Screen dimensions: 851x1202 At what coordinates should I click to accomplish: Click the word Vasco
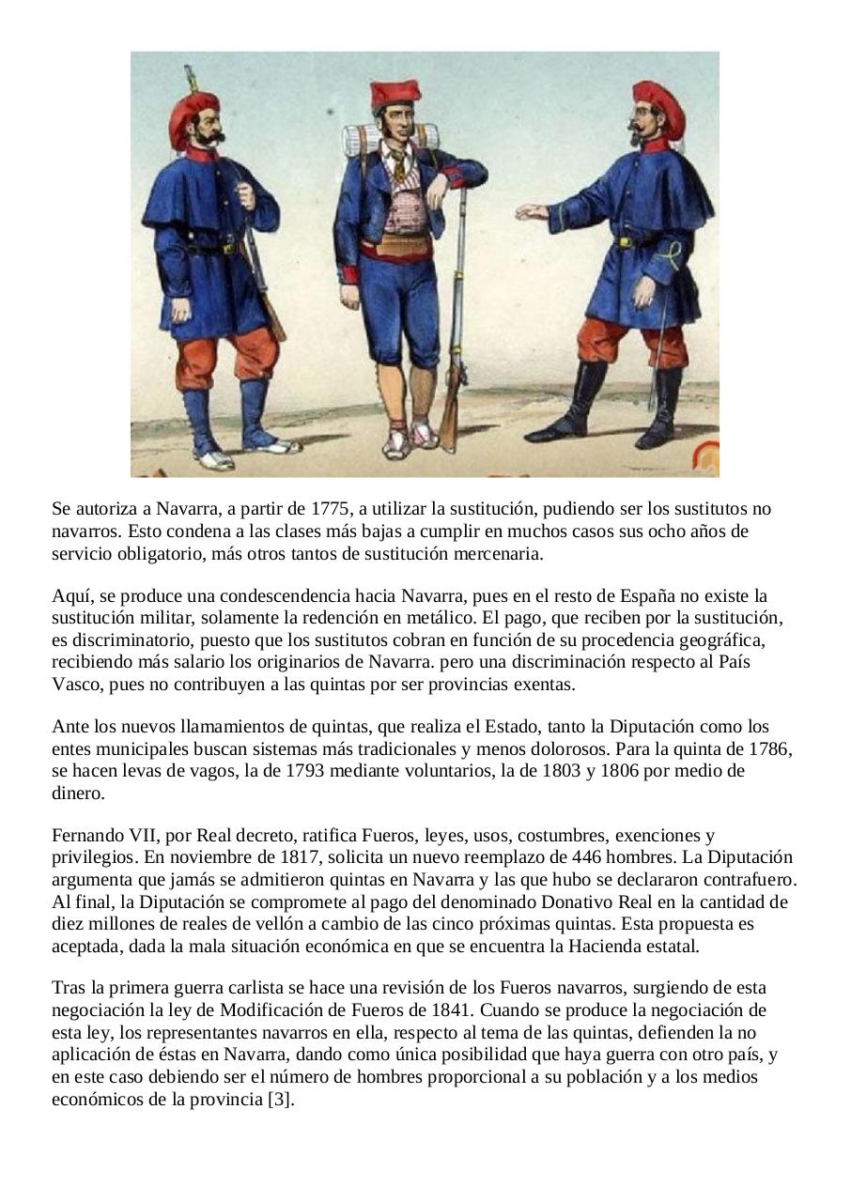(76, 685)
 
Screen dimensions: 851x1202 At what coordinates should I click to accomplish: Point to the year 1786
(771, 749)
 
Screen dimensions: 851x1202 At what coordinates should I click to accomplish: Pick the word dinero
(78, 794)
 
